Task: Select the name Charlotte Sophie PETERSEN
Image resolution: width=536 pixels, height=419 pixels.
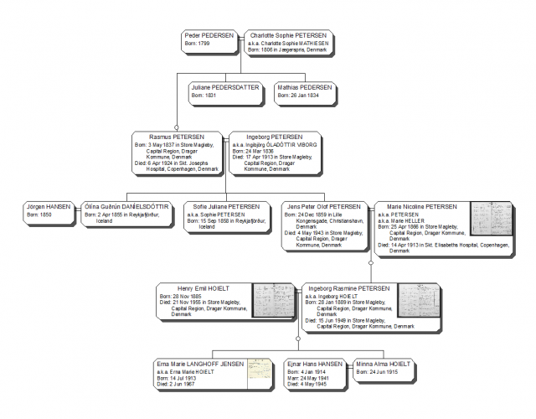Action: [x=286, y=35]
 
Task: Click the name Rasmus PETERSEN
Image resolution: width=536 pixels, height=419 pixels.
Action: [x=177, y=136]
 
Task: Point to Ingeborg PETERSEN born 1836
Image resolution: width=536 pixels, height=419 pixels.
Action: [x=275, y=136]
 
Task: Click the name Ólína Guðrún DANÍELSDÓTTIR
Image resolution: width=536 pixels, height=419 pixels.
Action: [x=126, y=206]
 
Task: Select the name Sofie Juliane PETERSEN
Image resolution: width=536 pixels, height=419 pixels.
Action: [x=226, y=206]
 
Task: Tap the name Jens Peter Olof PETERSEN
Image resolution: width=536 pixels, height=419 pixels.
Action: [x=322, y=206]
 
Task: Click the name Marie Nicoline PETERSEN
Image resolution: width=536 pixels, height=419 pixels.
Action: [x=422, y=206]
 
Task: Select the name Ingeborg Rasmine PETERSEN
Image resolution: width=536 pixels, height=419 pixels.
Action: [x=348, y=287]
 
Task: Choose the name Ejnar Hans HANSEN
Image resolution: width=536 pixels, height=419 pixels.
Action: [x=315, y=365]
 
